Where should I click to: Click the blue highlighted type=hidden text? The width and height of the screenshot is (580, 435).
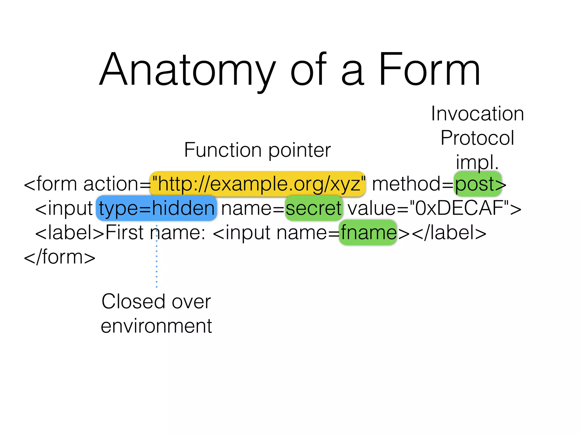pos(156,208)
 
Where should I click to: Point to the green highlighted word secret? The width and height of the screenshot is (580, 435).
pos(314,208)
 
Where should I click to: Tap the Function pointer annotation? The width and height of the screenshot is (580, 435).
pos(257,150)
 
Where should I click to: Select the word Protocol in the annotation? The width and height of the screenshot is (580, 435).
pos(477,138)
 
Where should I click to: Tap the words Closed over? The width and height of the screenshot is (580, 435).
pos(156,302)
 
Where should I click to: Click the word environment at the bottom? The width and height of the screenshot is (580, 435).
pos(156,326)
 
